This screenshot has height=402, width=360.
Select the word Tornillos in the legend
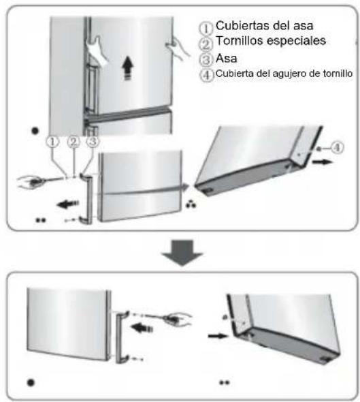[240, 42]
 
